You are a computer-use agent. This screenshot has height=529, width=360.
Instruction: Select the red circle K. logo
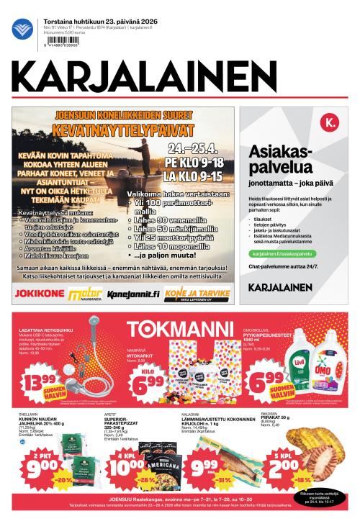click(x=330, y=125)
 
